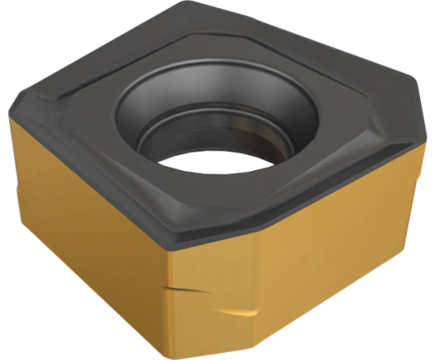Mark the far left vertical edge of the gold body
(x=10, y=178)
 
